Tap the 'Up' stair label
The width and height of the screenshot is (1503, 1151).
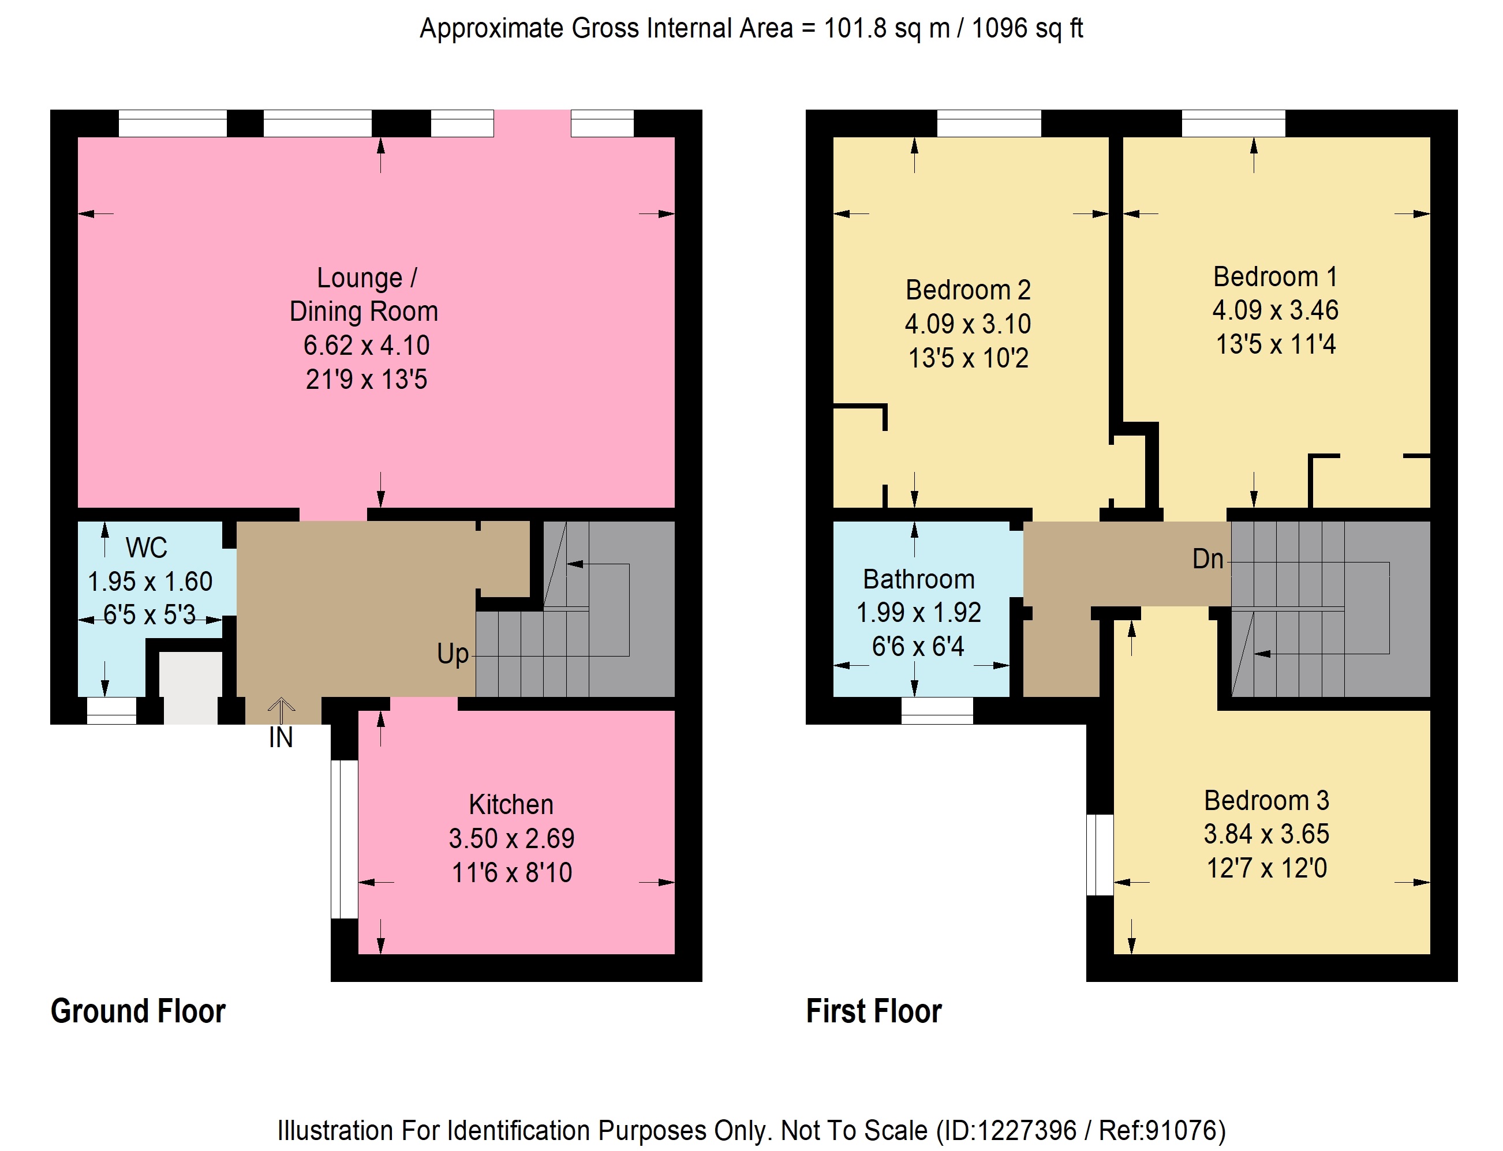[x=453, y=654]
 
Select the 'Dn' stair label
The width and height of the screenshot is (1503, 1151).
[x=1207, y=559]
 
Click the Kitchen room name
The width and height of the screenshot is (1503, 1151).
[x=511, y=804]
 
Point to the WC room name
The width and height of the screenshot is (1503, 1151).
[x=147, y=548]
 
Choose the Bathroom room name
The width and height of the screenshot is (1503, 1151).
[x=918, y=580]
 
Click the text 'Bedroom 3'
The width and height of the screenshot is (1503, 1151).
[x=1266, y=800]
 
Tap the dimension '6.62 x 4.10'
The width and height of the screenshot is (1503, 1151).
[x=367, y=345]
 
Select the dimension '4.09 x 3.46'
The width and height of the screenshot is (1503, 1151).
[x=1276, y=310]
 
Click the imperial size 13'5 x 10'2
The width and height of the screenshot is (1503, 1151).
[x=968, y=358]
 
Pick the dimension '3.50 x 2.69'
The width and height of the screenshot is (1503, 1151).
[x=511, y=839]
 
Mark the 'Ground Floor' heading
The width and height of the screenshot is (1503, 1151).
[x=138, y=1011]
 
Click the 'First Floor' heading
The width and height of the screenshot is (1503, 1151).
[x=874, y=1011]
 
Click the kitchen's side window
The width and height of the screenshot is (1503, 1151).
[x=345, y=839]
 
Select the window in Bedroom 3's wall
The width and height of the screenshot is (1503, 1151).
[x=1100, y=854]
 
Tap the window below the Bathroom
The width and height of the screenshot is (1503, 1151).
[x=937, y=710]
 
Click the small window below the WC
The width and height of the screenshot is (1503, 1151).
[x=112, y=710]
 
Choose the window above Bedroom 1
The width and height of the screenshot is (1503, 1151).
[x=1233, y=123]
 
